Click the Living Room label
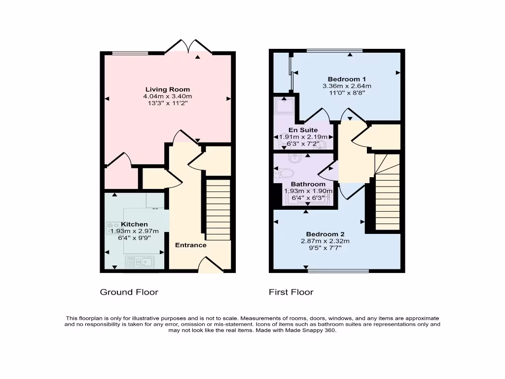tap(168, 89)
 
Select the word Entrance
tap(191, 245)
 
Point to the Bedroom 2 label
tap(325, 234)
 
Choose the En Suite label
tap(303, 130)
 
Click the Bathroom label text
tap(308, 184)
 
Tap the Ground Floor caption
tap(129, 292)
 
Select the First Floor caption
tap(291, 292)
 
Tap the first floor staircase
tap(387, 192)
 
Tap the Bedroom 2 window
tap(338, 271)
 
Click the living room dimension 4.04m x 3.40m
tap(168, 96)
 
